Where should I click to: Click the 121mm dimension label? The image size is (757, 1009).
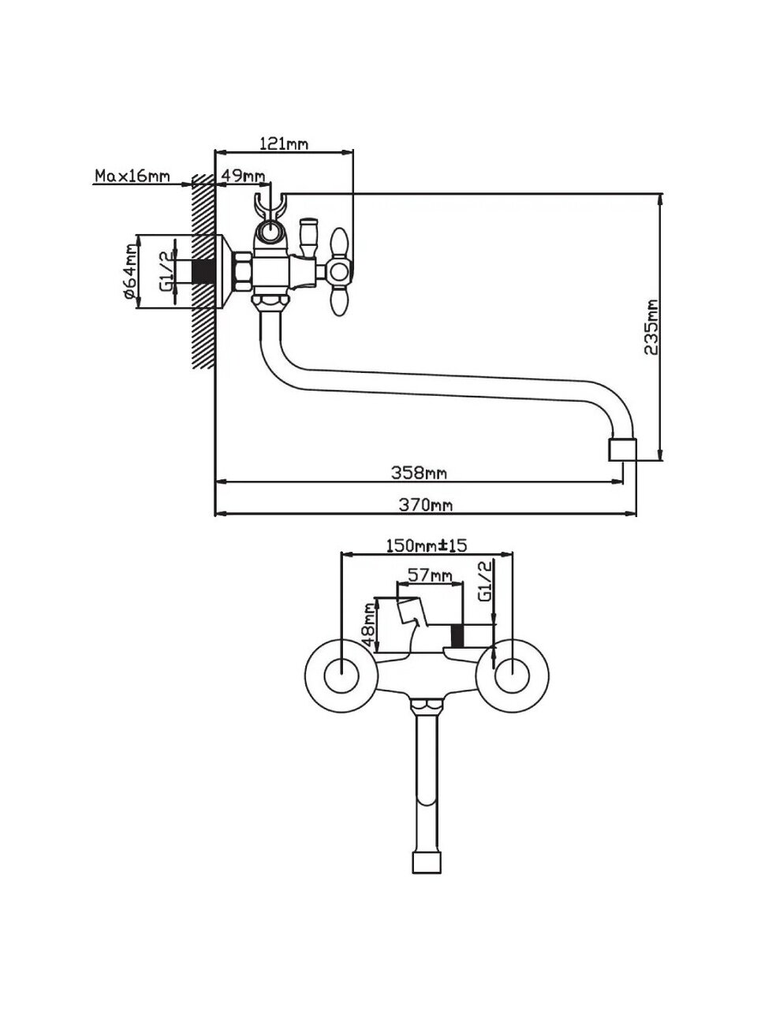pos(284,143)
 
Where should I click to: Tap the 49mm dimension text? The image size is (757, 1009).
pos(242,175)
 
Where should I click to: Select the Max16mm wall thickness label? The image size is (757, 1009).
pos(132,175)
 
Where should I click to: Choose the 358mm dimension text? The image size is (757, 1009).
pos(420,473)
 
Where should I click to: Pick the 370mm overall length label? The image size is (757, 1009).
pos(424,505)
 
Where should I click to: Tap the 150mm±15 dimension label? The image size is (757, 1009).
pos(427,545)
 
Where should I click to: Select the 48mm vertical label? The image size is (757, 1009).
pos(367,625)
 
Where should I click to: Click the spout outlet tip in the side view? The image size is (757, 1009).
pos(621,450)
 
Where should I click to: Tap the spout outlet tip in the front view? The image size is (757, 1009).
pos(427,861)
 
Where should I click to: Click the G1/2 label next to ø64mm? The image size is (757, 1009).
pos(165,270)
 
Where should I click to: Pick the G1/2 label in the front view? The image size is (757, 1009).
pos(486,581)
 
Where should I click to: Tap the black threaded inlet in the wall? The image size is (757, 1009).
pos(205,270)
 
